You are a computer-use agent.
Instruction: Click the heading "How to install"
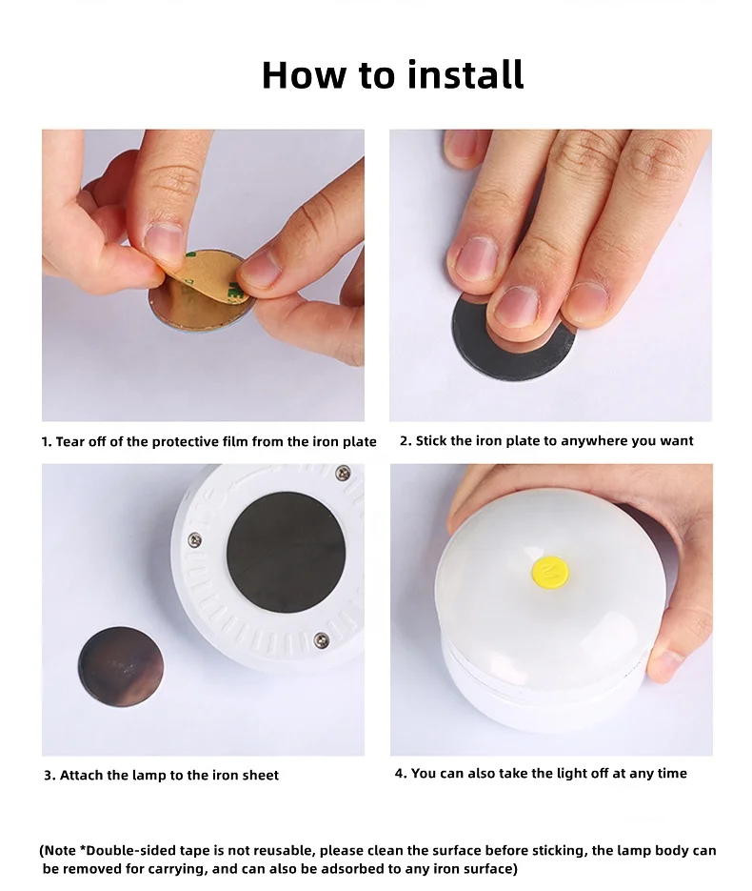pyautogui.click(x=392, y=74)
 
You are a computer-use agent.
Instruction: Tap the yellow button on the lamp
pyautogui.click(x=547, y=572)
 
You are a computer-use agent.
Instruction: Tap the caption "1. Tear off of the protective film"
pyautogui.click(x=208, y=441)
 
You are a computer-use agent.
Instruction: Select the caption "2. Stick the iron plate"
pyautogui.click(x=546, y=440)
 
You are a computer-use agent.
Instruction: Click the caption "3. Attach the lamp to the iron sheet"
pyautogui.click(x=161, y=775)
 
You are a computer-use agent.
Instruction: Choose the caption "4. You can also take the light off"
pyautogui.click(x=541, y=773)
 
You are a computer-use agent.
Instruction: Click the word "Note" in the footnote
pyautogui.click(x=63, y=850)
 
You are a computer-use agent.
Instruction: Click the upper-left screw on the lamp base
pyautogui.click(x=195, y=539)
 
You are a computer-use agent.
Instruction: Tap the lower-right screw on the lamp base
pyautogui.click(x=324, y=637)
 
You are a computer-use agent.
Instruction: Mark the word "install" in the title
pyautogui.click(x=463, y=74)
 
